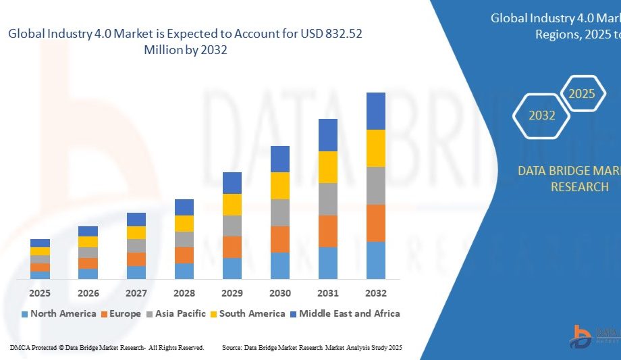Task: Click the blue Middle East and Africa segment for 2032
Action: pyautogui.click(x=375, y=111)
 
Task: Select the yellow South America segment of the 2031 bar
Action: pyautogui.click(x=327, y=167)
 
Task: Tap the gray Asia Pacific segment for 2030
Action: pyautogui.click(x=279, y=212)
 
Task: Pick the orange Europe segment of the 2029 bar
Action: pyautogui.click(x=232, y=247)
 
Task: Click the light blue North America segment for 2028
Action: pyautogui.click(x=184, y=271)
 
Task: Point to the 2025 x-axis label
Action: pyautogui.click(x=40, y=293)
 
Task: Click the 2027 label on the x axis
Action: pyautogui.click(x=136, y=293)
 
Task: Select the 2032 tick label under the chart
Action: pyautogui.click(x=375, y=293)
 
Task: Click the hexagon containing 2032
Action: pyautogui.click(x=542, y=115)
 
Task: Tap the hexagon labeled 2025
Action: pyautogui.click(x=582, y=94)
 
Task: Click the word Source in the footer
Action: pyautogui.click(x=232, y=347)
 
